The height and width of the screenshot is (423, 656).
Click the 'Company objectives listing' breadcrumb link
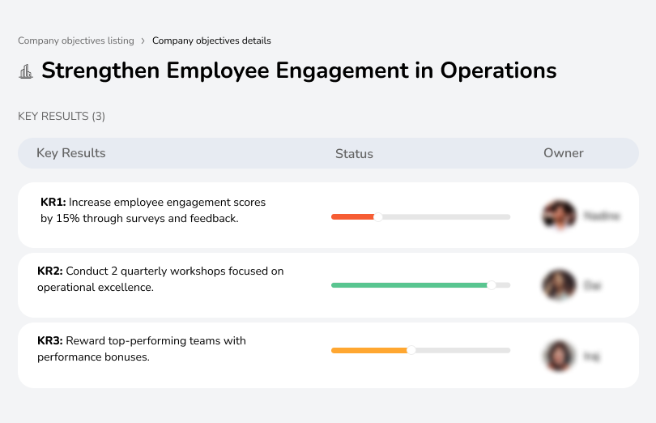(76, 41)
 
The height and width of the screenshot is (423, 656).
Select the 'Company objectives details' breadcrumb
(211, 41)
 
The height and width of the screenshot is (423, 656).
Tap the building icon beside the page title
(26, 71)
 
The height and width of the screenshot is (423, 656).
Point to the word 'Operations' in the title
(498, 70)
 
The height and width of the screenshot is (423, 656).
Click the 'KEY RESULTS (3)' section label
(62, 116)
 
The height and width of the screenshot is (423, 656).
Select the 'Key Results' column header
(71, 153)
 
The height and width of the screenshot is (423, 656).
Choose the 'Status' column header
(354, 153)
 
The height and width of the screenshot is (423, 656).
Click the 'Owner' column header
(564, 153)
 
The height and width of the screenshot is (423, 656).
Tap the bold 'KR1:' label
(53, 202)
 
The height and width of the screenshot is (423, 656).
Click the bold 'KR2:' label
(50, 271)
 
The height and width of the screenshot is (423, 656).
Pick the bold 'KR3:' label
(50, 340)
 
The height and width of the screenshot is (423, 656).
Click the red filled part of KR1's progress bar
(352, 216)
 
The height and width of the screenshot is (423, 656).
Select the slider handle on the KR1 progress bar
(377, 216)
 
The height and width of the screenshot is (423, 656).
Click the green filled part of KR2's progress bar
(409, 285)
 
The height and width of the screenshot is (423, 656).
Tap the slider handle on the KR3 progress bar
(411, 350)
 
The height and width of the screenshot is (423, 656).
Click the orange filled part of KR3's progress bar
(369, 350)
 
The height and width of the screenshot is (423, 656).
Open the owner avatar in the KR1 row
(559, 216)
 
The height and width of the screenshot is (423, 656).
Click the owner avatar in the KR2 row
(559, 285)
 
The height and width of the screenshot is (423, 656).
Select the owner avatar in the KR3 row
(559, 356)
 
